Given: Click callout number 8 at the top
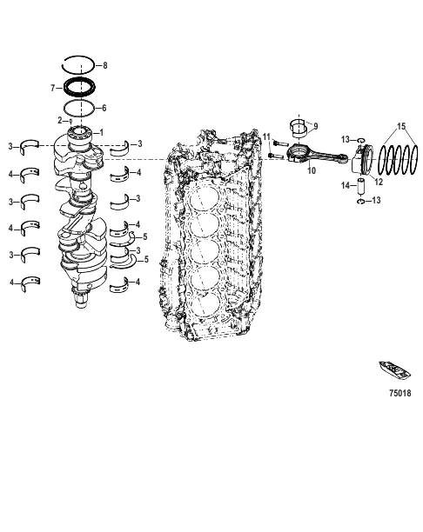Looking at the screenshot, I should point(105,66).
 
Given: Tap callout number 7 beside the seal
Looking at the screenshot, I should point(54,88).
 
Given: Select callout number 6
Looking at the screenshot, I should point(104,108).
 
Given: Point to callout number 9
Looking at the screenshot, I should point(315,126).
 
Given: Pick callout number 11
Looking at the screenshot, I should point(266,137).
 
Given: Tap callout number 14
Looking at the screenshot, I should point(344,185).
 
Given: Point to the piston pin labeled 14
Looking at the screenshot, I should point(358,185).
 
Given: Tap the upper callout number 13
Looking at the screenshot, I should point(346,139).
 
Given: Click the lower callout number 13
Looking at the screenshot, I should point(376,202).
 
